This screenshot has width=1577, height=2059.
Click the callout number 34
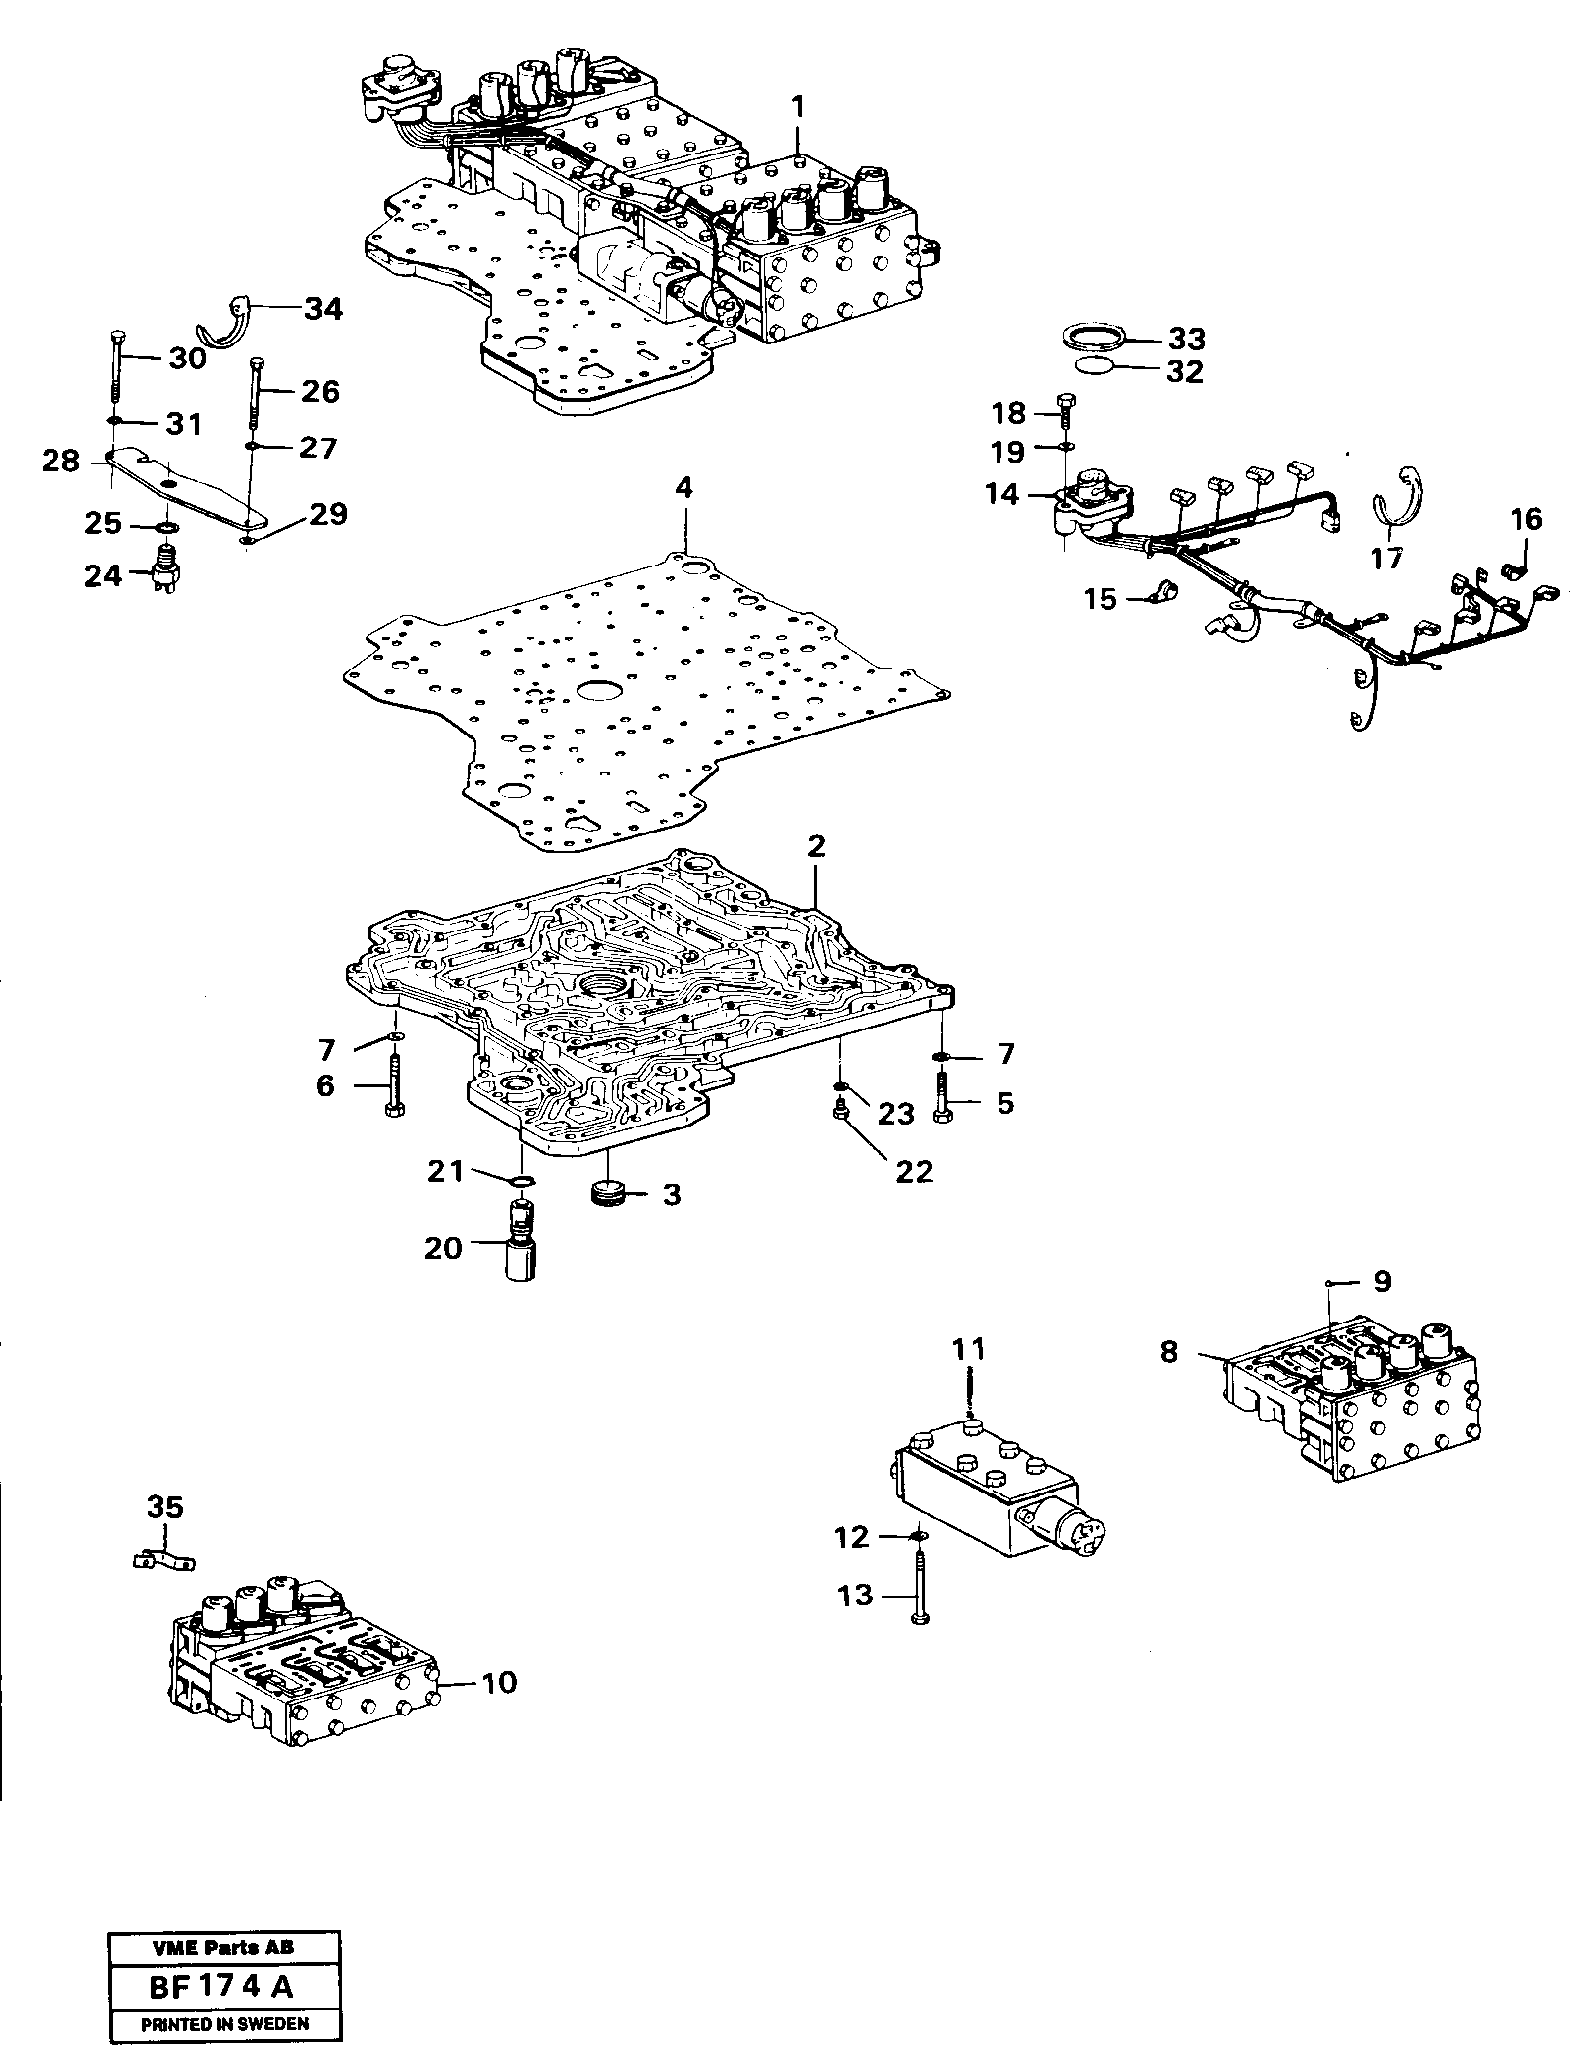tap(322, 309)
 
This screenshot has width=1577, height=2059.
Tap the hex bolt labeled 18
tap(1065, 409)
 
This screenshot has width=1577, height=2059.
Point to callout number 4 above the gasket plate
tap(684, 489)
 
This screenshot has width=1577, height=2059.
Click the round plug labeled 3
tap(606, 1192)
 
